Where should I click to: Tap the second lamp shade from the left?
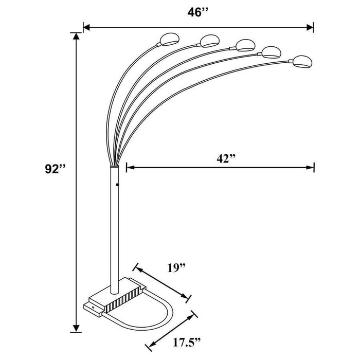click(x=208, y=40)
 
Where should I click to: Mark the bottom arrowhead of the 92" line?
click(x=77, y=328)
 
